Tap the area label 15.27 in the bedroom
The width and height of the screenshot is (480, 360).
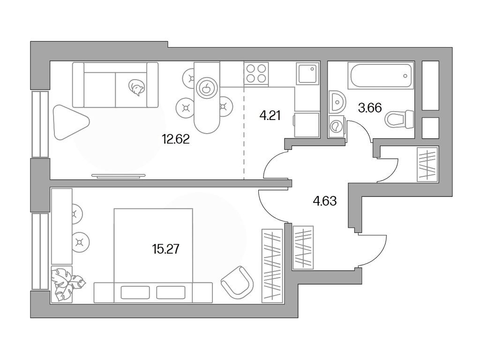click(x=166, y=248)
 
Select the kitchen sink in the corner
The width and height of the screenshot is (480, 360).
click(x=307, y=74)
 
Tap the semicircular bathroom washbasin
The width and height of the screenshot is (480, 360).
click(x=336, y=101)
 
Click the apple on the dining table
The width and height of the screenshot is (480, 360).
click(x=207, y=87)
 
